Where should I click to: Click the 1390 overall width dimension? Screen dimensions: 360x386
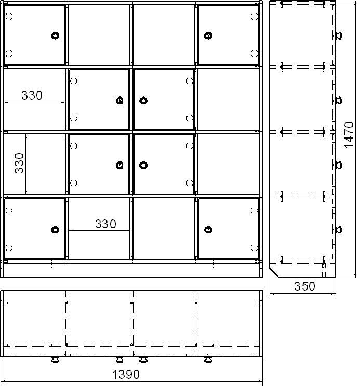click(x=126, y=375)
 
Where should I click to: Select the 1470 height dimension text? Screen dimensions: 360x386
click(x=349, y=135)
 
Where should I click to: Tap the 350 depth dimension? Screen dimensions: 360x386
click(x=304, y=286)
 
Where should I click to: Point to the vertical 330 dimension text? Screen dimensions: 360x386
click(x=19, y=163)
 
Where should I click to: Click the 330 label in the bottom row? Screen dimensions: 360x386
click(x=105, y=224)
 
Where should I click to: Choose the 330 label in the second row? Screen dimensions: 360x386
click(x=32, y=95)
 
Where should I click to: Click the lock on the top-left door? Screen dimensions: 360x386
click(x=55, y=36)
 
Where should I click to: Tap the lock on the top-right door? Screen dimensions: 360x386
click(x=208, y=36)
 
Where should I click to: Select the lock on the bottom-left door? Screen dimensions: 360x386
click(x=55, y=230)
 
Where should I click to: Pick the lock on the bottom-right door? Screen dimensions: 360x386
click(x=208, y=230)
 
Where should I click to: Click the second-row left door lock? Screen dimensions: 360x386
click(x=119, y=101)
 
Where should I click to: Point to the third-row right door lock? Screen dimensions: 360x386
click(x=143, y=165)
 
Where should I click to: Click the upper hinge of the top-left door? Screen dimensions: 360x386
click(x=9, y=16)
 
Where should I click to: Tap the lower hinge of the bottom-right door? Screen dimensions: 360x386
click(x=255, y=247)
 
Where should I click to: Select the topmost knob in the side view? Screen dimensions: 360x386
click(x=339, y=36)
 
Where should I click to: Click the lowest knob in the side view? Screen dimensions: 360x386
click(x=339, y=230)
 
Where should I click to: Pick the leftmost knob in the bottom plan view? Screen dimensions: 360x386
click(x=55, y=360)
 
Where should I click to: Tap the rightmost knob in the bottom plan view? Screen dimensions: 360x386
click(x=208, y=360)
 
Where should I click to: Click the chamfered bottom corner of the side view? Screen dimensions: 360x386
click(x=274, y=273)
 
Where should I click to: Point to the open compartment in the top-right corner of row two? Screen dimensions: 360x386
click(x=229, y=99)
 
